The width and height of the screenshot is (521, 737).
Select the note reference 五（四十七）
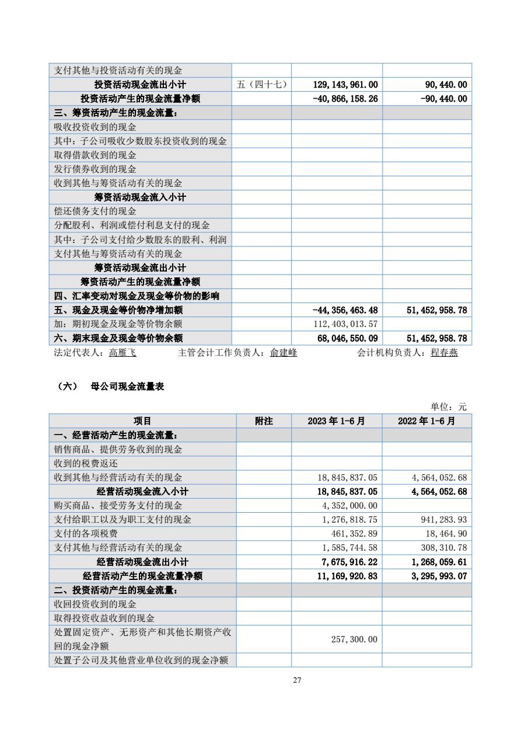pyautogui.click(x=261, y=85)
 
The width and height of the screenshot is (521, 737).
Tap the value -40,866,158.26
pyautogui.click(x=345, y=99)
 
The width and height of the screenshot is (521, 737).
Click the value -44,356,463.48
pyautogui.click(x=345, y=310)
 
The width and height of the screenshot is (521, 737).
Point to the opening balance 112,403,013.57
pyautogui.click(x=346, y=324)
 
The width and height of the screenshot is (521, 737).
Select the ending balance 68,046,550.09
pyautogui.click(x=345, y=338)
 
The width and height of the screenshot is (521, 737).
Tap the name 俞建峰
pyautogui.click(x=284, y=353)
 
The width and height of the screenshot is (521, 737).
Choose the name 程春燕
pyautogui.click(x=444, y=353)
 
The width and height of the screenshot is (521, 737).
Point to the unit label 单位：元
pyautogui.click(x=449, y=407)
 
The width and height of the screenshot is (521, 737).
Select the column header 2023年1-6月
pyautogui.click(x=337, y=421)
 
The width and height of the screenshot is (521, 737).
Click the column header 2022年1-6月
pyautogui.click(x=426, y=421)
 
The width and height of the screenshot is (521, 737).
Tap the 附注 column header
pyautogui.click(x=264, y=421)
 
